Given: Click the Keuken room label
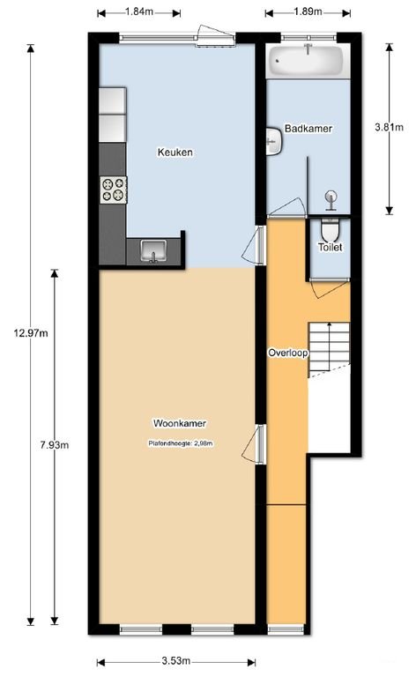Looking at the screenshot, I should click(175, 152).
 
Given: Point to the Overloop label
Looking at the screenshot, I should click(287, 353).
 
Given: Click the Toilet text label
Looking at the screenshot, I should click(331, 248).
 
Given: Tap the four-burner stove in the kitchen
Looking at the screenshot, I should click(114, 189).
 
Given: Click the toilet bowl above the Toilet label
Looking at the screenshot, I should click(331, 230).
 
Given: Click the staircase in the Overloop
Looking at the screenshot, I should click(328, 348).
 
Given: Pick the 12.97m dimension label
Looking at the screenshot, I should click(31, 332).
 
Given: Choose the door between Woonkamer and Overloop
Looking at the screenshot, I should click(259, 443).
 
